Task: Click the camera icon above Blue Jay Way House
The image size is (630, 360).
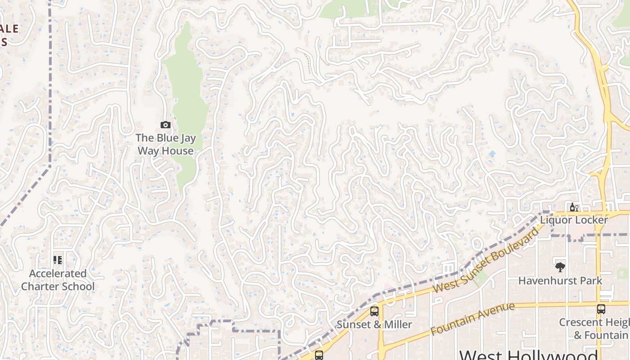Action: click(x=166, y=125)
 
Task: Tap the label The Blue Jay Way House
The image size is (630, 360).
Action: click(x=166, y=144)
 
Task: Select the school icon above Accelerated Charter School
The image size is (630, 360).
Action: click(x=58, y=260)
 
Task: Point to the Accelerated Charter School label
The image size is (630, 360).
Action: click(x=58, y=280)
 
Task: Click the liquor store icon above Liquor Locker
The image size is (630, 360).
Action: click(x=574, y=207)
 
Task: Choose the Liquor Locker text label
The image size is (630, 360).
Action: click(x=574, y=220)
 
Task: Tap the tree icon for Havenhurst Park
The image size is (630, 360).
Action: click(x=560, y=267)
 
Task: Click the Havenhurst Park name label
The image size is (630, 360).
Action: click(x=560, y=281)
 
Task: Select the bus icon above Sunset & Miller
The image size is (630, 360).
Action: click(x=374, y=311)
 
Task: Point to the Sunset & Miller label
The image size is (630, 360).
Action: click(x=374, y=324)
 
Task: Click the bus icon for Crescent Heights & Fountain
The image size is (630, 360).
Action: click(x=601, y=309)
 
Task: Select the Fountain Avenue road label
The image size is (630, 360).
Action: click(x=472, y=319)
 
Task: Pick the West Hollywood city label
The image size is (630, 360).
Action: click(x=529, y=355)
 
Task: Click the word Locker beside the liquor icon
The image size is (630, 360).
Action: click(x=589, y=220)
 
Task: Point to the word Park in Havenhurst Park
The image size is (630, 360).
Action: click(x=589, y=281)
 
